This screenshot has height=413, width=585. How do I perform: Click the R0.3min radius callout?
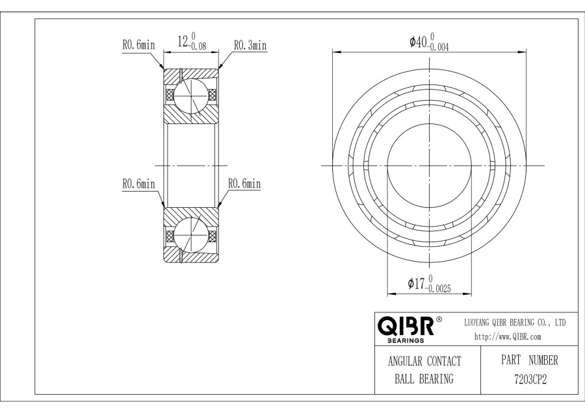click(x=250, y=45)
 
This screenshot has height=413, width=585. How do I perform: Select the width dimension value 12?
click(x=183, y=42)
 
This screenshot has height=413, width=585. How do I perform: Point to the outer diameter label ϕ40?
click(x=418, y=42)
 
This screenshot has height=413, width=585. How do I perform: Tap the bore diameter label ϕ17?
click(x=416, y=284)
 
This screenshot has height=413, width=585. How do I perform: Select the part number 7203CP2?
click(x=530, y=379)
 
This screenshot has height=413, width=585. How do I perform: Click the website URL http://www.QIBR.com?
click(x=508, y=336)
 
